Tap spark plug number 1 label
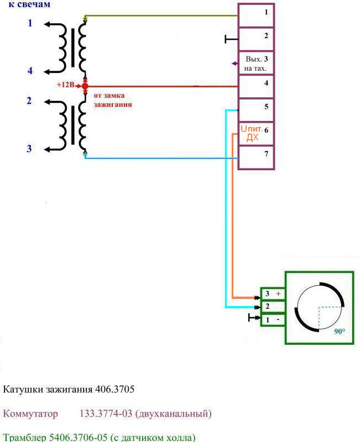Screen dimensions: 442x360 pyautogui.click(x=30, y=23)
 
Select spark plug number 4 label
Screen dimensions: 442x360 pyautogui.click(x=30, y=71)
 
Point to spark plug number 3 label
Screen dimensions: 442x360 pyautogui.click(x=30, y=148)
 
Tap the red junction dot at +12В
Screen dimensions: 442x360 pyautogui.click(x=85, y=86)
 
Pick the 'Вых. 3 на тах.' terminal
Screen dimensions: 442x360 pyautogui.click(x=256, y=63)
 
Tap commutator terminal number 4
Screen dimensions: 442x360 pyautogui.click(x=256, y=86)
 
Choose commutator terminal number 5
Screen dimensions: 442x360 pyautogui.click(x=256, y=109)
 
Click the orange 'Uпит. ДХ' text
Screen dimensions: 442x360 pyautogui.click(x=252, y=133)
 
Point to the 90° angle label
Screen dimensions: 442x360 pyautogui.click(x=339, y=331)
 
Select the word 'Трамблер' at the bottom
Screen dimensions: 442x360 pyautogui.click(x=25, y=437)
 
